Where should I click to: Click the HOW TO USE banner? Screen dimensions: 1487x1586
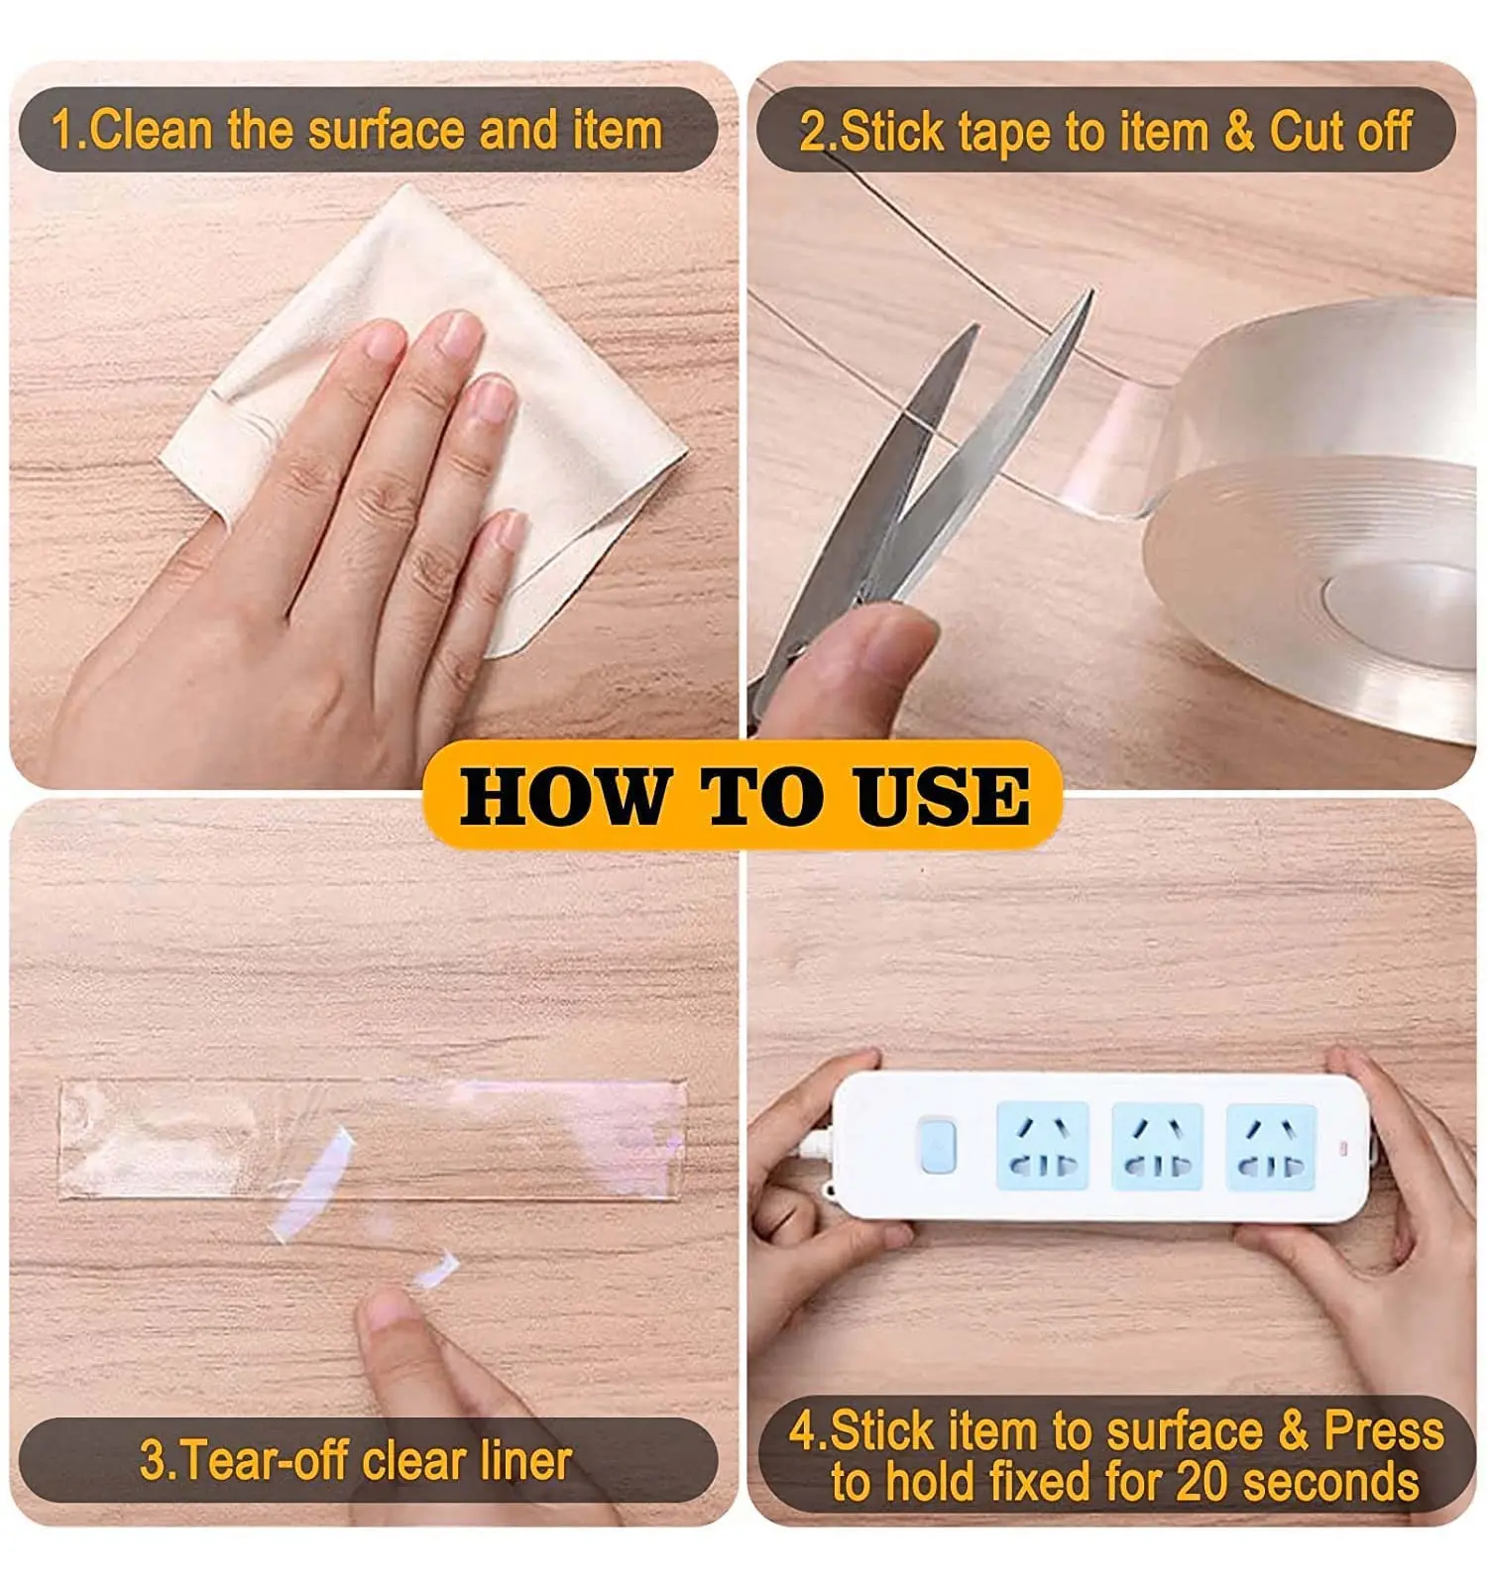coord(743,796)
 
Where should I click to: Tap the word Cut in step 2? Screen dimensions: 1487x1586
coord(1306,131)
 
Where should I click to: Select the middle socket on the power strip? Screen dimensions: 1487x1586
coord(1157,1146)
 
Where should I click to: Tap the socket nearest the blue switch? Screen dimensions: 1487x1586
coord(1042,1146)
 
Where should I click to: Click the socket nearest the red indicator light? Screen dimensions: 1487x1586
coord(1271,1146)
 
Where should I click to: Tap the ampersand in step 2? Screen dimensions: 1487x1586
coord(1238,131)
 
